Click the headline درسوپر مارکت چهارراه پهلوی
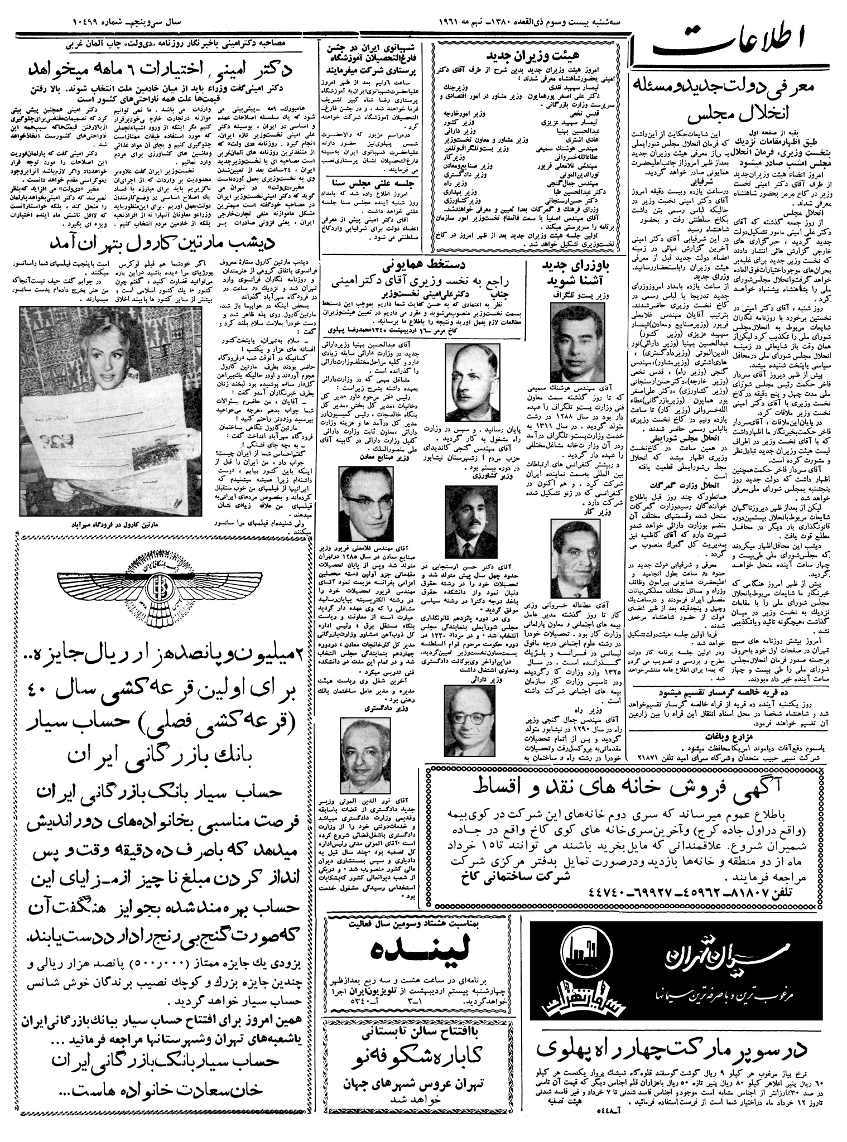pos(673,1050)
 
